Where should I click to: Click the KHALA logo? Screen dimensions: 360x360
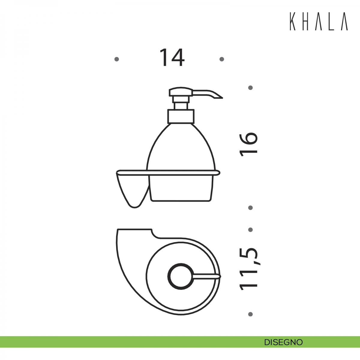319,22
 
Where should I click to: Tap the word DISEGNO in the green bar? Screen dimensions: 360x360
283,342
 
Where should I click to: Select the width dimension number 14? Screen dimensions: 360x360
172,57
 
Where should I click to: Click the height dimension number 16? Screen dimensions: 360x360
248,144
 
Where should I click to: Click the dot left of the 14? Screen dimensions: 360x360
117,59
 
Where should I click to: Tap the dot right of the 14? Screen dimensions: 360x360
222,59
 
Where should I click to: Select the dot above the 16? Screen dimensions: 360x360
250,88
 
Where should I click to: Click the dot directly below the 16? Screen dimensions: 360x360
250,208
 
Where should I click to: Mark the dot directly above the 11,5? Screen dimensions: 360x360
250,229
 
